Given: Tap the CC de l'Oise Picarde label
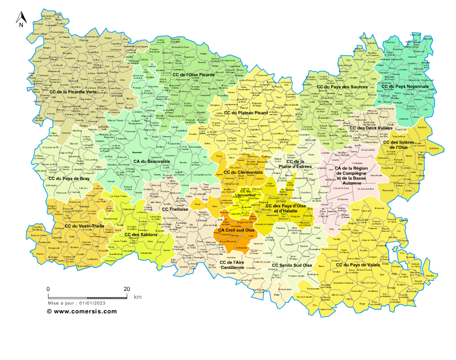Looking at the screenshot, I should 193,75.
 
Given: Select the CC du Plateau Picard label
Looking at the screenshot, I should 246,113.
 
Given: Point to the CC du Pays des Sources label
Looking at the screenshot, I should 342,87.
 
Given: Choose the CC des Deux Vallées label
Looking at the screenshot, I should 371,128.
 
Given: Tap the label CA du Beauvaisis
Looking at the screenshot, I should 152,162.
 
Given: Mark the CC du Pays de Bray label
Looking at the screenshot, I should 69,179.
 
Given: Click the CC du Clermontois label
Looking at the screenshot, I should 243,172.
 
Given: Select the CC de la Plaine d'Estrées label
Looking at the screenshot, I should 295,164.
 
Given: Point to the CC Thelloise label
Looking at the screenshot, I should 175,209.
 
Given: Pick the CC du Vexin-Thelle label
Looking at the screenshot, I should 84,226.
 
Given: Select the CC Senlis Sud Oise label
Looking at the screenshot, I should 292,265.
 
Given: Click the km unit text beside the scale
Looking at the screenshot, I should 137,297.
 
